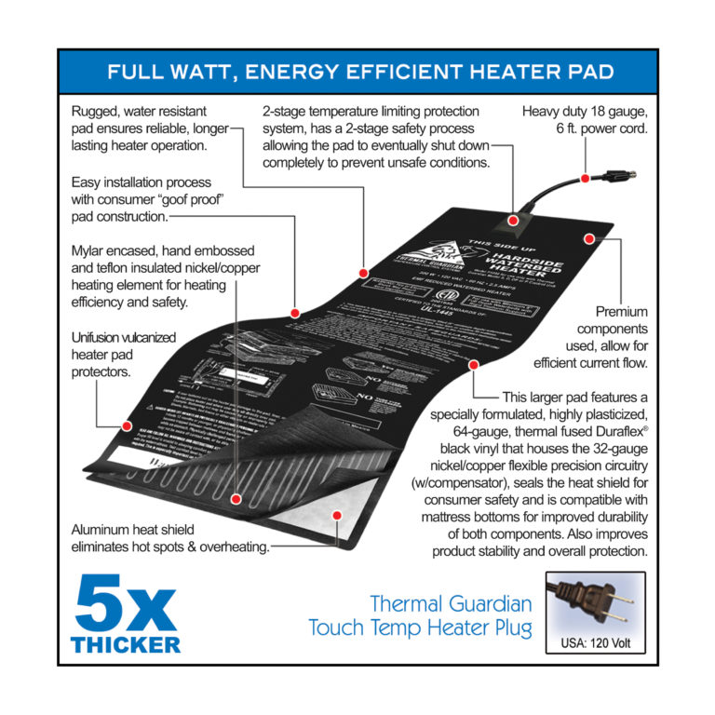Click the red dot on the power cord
coord(584,177)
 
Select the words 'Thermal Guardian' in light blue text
coord(452,603)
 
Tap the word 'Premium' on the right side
coord(622,312)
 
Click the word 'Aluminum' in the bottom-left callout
coord(101,529)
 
